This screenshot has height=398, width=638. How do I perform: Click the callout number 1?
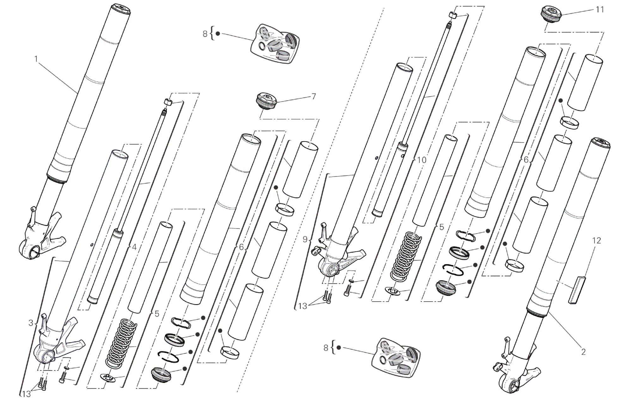[36, 59]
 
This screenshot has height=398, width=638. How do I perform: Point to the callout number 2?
[583, 352]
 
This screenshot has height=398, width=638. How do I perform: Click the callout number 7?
[313, 96]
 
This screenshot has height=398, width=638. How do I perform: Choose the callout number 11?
[599, 10]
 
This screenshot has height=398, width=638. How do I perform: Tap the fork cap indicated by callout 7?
[266, 101]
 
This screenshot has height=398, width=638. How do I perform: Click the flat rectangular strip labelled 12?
[577, 290]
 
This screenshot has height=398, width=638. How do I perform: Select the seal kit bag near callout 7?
[275, 44]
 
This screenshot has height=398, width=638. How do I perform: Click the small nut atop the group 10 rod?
[453, 15]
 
